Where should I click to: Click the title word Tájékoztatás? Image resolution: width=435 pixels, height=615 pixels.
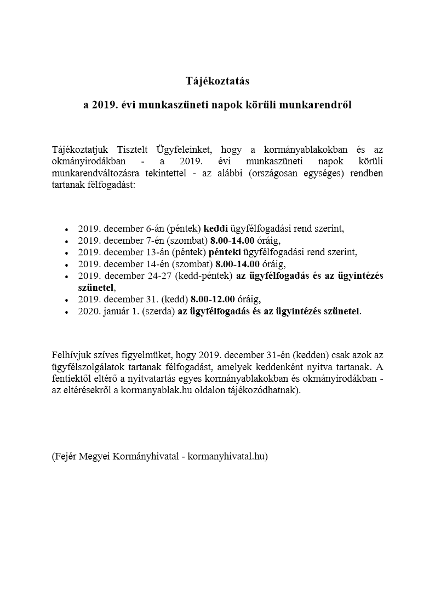pyautogui.click(x=217, y=81)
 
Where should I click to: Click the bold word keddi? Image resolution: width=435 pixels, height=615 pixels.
pyautogui.click(x=215, y=229)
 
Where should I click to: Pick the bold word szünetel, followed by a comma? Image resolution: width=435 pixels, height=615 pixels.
pyautogui.click(x=96, y=287)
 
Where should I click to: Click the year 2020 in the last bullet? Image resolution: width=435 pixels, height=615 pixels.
pyautogui.click(x=88, y=311)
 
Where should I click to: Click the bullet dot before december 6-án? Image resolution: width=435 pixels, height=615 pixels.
pyautogui.click(x=66, y=230)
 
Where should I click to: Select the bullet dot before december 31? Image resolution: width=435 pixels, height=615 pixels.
pyautogui.click(x=66, y=300)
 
